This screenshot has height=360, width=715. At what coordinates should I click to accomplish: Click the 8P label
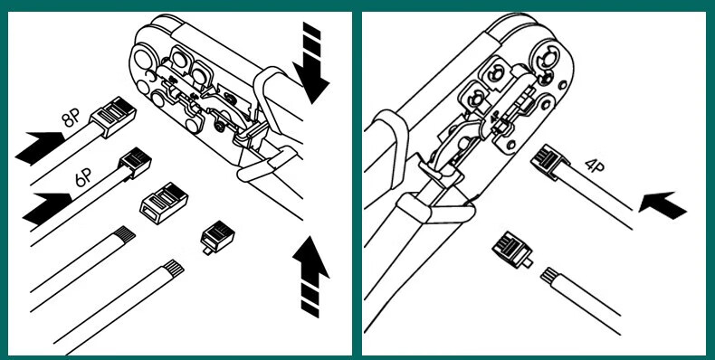(x=71, y=119)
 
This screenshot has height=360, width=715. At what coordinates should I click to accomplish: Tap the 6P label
(x=84, y=177)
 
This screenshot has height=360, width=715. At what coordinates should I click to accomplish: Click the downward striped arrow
(x=311, y=63)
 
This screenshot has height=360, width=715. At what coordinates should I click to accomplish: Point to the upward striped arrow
(x=310, y=277)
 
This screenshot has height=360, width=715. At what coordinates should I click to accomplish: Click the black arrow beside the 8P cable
(x=40, y=147)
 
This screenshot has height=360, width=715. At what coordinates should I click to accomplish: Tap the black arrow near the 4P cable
(x=663, y=204)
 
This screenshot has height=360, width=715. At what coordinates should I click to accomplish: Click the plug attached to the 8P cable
(x=113, y=117)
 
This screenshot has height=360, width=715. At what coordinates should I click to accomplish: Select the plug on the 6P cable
(x=135, y=162)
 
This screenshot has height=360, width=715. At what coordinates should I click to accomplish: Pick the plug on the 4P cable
(x=549, y=163)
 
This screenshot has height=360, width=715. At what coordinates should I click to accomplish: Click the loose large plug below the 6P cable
(x=164, y=203)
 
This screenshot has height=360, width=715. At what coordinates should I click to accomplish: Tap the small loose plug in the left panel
(x=217, y=236)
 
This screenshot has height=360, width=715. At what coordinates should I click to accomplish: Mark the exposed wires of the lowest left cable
(x=174, y=268)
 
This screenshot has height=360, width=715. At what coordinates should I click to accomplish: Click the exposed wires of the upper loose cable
(x=125, y=234)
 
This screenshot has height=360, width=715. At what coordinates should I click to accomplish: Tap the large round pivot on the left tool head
(x=142, y=60)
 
